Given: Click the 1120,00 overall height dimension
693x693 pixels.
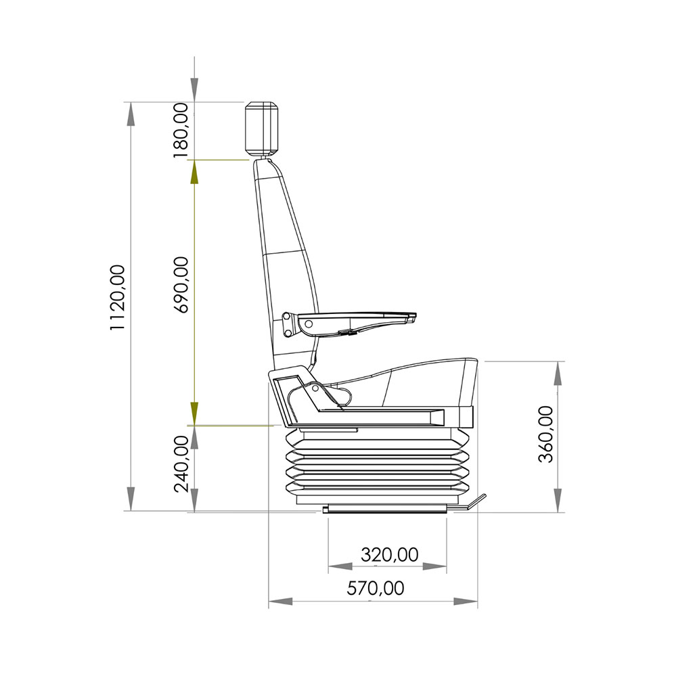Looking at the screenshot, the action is coord(118,297).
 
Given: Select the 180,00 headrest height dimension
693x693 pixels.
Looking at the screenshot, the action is coord(181,131).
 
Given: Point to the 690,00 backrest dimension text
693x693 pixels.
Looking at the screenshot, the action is coord(181,285).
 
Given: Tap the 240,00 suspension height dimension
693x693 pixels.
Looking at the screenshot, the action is coord(181,464).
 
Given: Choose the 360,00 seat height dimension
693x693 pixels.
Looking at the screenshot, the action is coord(546,434).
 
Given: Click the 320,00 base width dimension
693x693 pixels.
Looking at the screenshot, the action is coord(389,554).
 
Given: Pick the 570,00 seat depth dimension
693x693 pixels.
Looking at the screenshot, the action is coord(375,588).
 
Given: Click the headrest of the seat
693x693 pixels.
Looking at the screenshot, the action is coord(262,129).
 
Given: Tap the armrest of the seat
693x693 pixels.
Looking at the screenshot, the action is coord(349,324).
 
